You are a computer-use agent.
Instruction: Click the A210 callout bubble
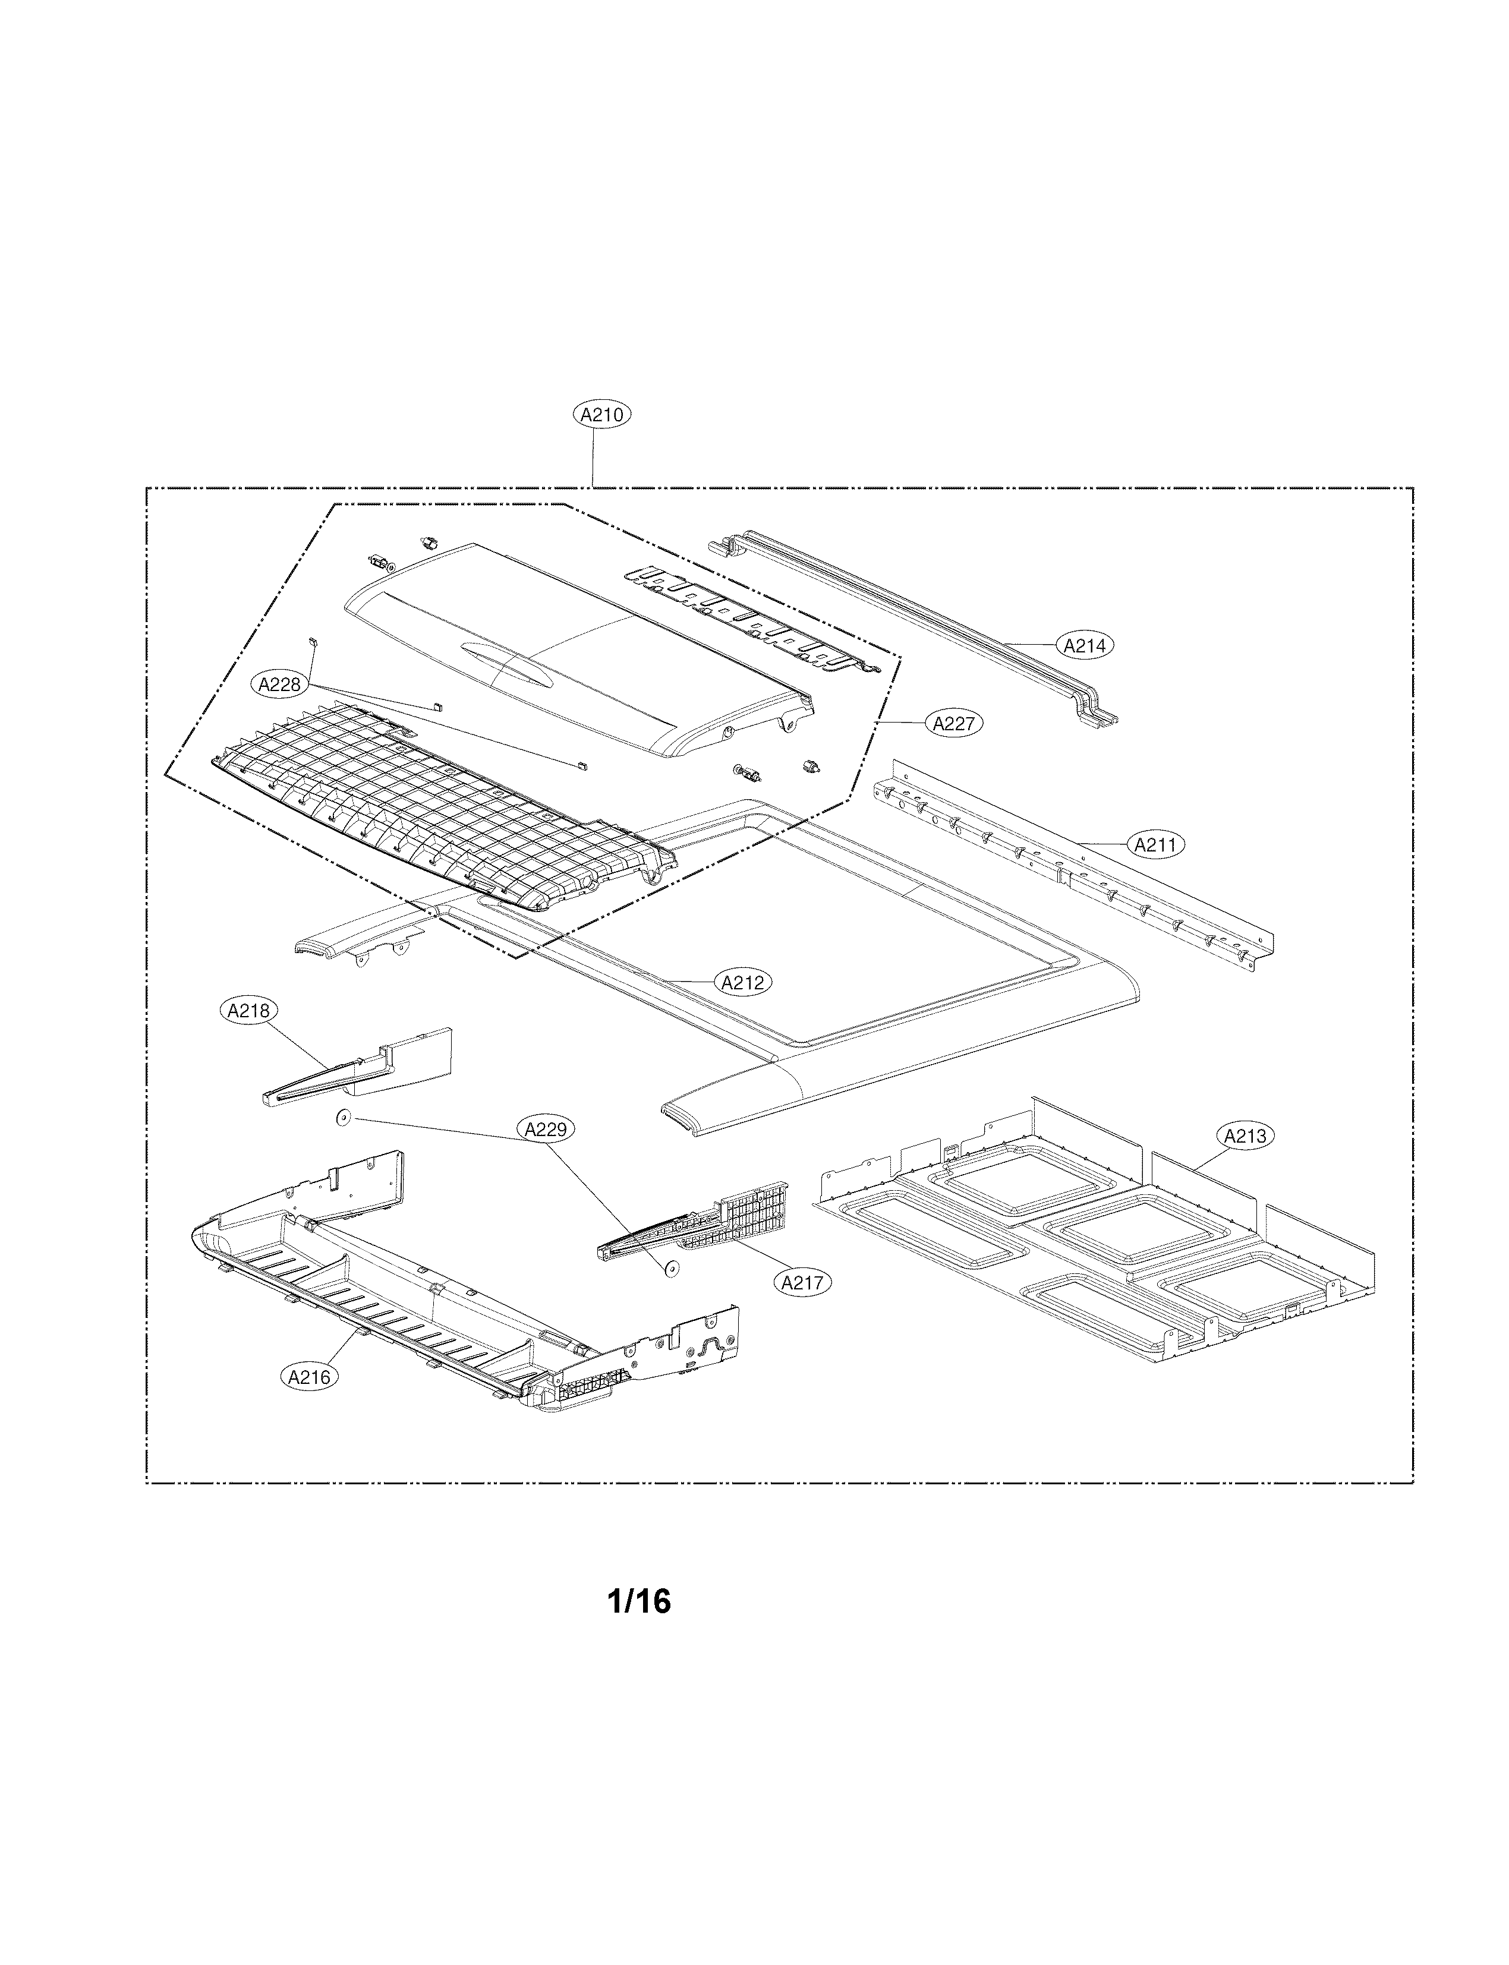click(x=602, y=415)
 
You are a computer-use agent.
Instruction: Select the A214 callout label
click(x=1085, y=645)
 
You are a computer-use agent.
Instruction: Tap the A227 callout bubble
click(x=954, y=723)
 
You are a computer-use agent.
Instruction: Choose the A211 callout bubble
click(x=1156, y=844)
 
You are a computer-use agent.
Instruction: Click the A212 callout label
click(x=743, y=983)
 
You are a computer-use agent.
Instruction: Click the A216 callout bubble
click(x=310, y=1377)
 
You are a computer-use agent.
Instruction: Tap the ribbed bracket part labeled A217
click(x=710, y=1226)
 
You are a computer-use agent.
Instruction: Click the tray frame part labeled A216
click(x=449, y=1302)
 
